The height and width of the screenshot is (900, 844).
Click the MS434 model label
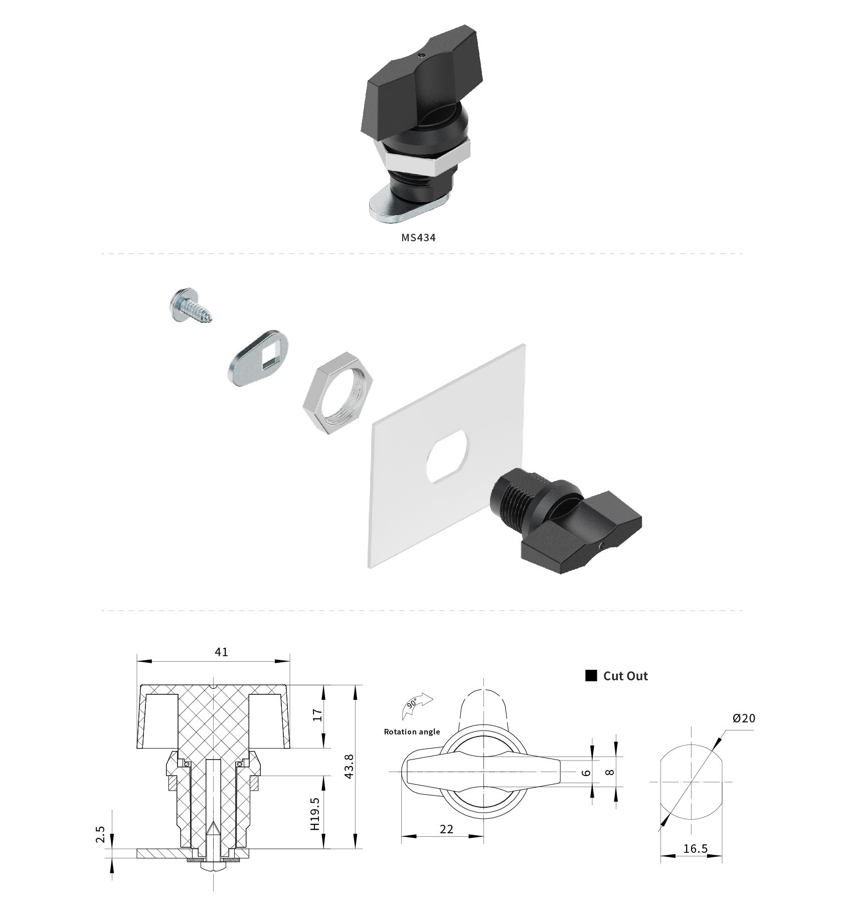pyautogui.click(x=418, y=237)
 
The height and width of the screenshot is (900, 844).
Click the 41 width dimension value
pyautogui.click(x=221, y=652)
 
